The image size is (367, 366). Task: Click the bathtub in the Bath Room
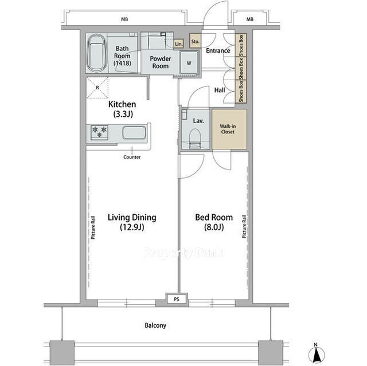pyautogui.click(x=97, y=53)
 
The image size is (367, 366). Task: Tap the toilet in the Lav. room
pyautogui.click(x=195, y=139)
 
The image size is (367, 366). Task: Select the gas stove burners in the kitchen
pyautogui.click(x=99, y=132)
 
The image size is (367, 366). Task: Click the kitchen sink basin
pyautogui.click(x=134, y=132)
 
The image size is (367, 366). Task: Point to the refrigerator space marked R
pyautogui.click(x=97, y=88)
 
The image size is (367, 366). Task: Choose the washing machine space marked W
pyautogui.click(x=189, y=63)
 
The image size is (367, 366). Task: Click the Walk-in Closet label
pyautogui.click(x=228, y=129)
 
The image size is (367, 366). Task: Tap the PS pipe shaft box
pyautogui.click(x=177, y=299)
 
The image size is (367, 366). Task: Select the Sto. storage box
pyautogui.click(x=195, y=41)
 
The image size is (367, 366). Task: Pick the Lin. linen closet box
pyautogui.click(x=178, y=44)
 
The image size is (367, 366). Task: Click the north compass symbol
pyautogui.click(x=316, y=354)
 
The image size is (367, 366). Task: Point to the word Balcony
pyautogui.click(x=155, y=325)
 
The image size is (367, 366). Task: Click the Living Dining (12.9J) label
pyautogui.click(x=132, y=222)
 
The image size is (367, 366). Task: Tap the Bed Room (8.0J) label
pyautogui.click(x=214, y=222)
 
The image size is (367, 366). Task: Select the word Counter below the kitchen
pyautogui.click(x=132, y=157)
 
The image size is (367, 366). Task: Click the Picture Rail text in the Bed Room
pyautogui.click(x=244, y=226)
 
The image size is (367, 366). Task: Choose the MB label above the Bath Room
pyautogui.click(x=124, y=19)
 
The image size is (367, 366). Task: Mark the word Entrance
pyautogui.click(x=218, y=50)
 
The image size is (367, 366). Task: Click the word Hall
pyautogui.click(x=220, y=90)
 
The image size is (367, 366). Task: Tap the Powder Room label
pyautogui.click(x=161, y=62)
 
